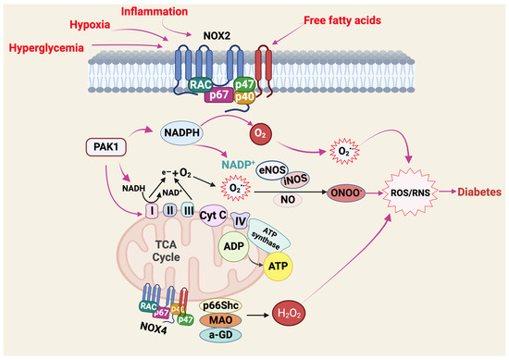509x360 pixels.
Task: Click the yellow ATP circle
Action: point(279,267)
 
